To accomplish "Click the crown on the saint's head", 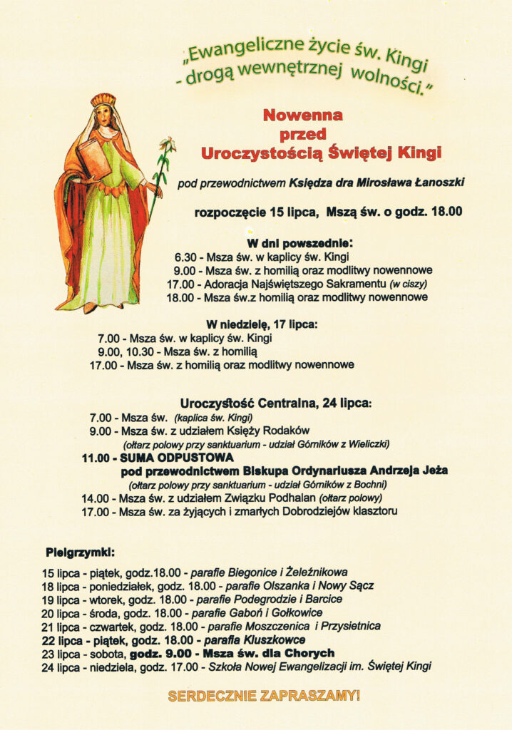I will pyautogui.click(x=103, y=100).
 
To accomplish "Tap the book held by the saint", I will pyautogui.click(x=95, y=158).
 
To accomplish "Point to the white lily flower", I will pyautogui.click(x=168, y=148).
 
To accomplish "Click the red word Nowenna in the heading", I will pyautogui.click(x=302, y=115).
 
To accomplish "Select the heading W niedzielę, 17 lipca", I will pyautogui.click(x=261, y=324).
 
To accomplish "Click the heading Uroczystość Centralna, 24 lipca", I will pyautogui.click(x=276, y=403).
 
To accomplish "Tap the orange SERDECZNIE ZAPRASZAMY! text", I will pyautogui.click(x=263, y=695).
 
